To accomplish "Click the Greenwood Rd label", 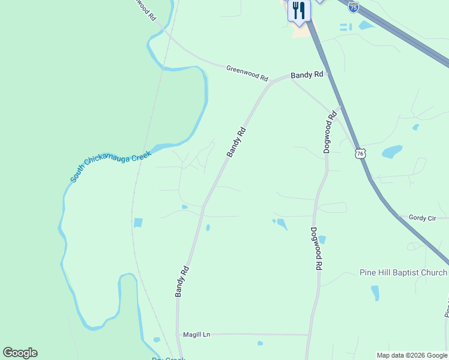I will point(247,73).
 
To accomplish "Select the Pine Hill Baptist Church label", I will point(403,272).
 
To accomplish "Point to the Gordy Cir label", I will point(422,218).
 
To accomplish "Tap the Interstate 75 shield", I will point(354,7).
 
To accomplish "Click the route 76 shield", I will point(360,154).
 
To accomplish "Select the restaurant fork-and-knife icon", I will point(298,10).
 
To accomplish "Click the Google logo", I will point(20,353).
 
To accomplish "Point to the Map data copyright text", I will point(412,355).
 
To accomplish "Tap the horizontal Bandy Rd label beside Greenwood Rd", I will point(307,75).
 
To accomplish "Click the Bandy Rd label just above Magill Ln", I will point(182,281).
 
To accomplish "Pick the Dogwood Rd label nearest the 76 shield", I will point(330,131).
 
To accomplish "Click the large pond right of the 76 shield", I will point(392,151).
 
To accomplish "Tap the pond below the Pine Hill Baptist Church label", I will point(375,293).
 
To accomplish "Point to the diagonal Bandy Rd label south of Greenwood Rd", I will point(237,142).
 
